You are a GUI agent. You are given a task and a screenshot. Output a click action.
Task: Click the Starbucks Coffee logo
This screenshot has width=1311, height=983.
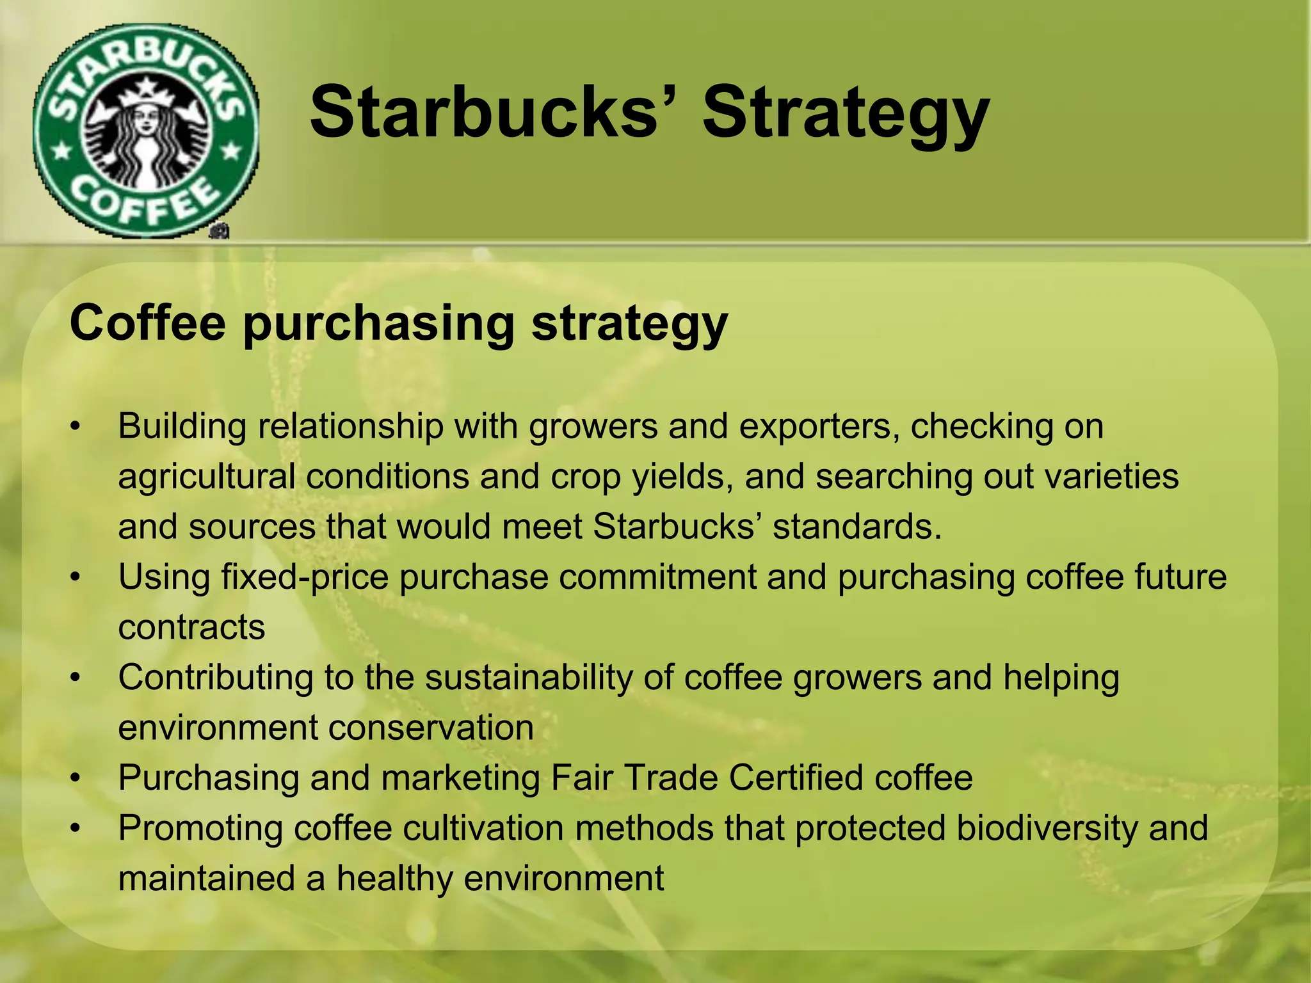point(146,131)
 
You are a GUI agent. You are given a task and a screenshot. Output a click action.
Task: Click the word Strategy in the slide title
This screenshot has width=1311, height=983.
point(846,114)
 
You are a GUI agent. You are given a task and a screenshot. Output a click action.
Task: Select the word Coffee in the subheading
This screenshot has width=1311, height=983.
point(147,323)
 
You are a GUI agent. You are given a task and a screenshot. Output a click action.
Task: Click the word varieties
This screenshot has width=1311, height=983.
point(1111,477)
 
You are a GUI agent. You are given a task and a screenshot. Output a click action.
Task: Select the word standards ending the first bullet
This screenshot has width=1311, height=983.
point(857,527)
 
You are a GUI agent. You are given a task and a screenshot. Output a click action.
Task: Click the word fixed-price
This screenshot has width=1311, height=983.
point(305,578)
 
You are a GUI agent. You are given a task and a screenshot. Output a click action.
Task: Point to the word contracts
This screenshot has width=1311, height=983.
point(191,627)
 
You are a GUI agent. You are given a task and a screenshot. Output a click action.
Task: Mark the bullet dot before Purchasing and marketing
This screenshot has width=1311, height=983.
point(76,779)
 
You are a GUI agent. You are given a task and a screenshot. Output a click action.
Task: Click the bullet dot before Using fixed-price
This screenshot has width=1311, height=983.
point(76,578)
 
